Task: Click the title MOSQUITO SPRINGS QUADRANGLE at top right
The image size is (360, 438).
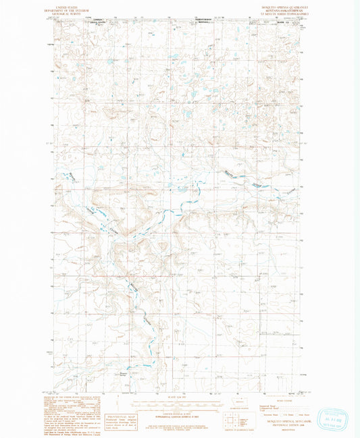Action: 280,5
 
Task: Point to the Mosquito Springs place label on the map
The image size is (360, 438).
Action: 123,371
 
